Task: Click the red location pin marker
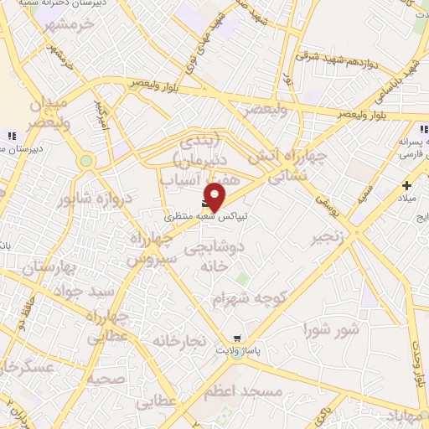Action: (214, 195)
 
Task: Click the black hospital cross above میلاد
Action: (407, 185)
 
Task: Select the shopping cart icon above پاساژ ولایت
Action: (238, 339)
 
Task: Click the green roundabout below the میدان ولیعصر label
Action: (85, 161)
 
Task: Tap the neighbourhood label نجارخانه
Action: (178, 341)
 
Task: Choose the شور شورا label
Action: (332, 328)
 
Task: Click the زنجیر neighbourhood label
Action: (328, 238)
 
